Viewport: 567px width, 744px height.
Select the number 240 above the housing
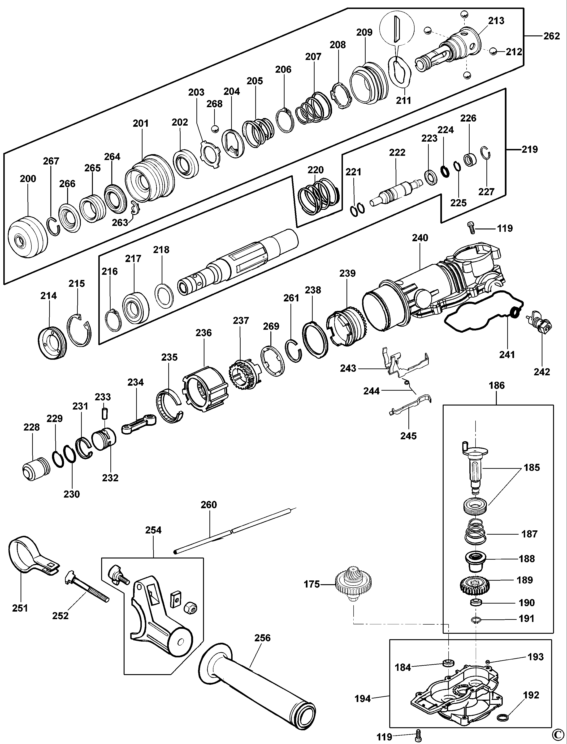[420, 238]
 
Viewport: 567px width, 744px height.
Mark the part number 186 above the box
[497, 385]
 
